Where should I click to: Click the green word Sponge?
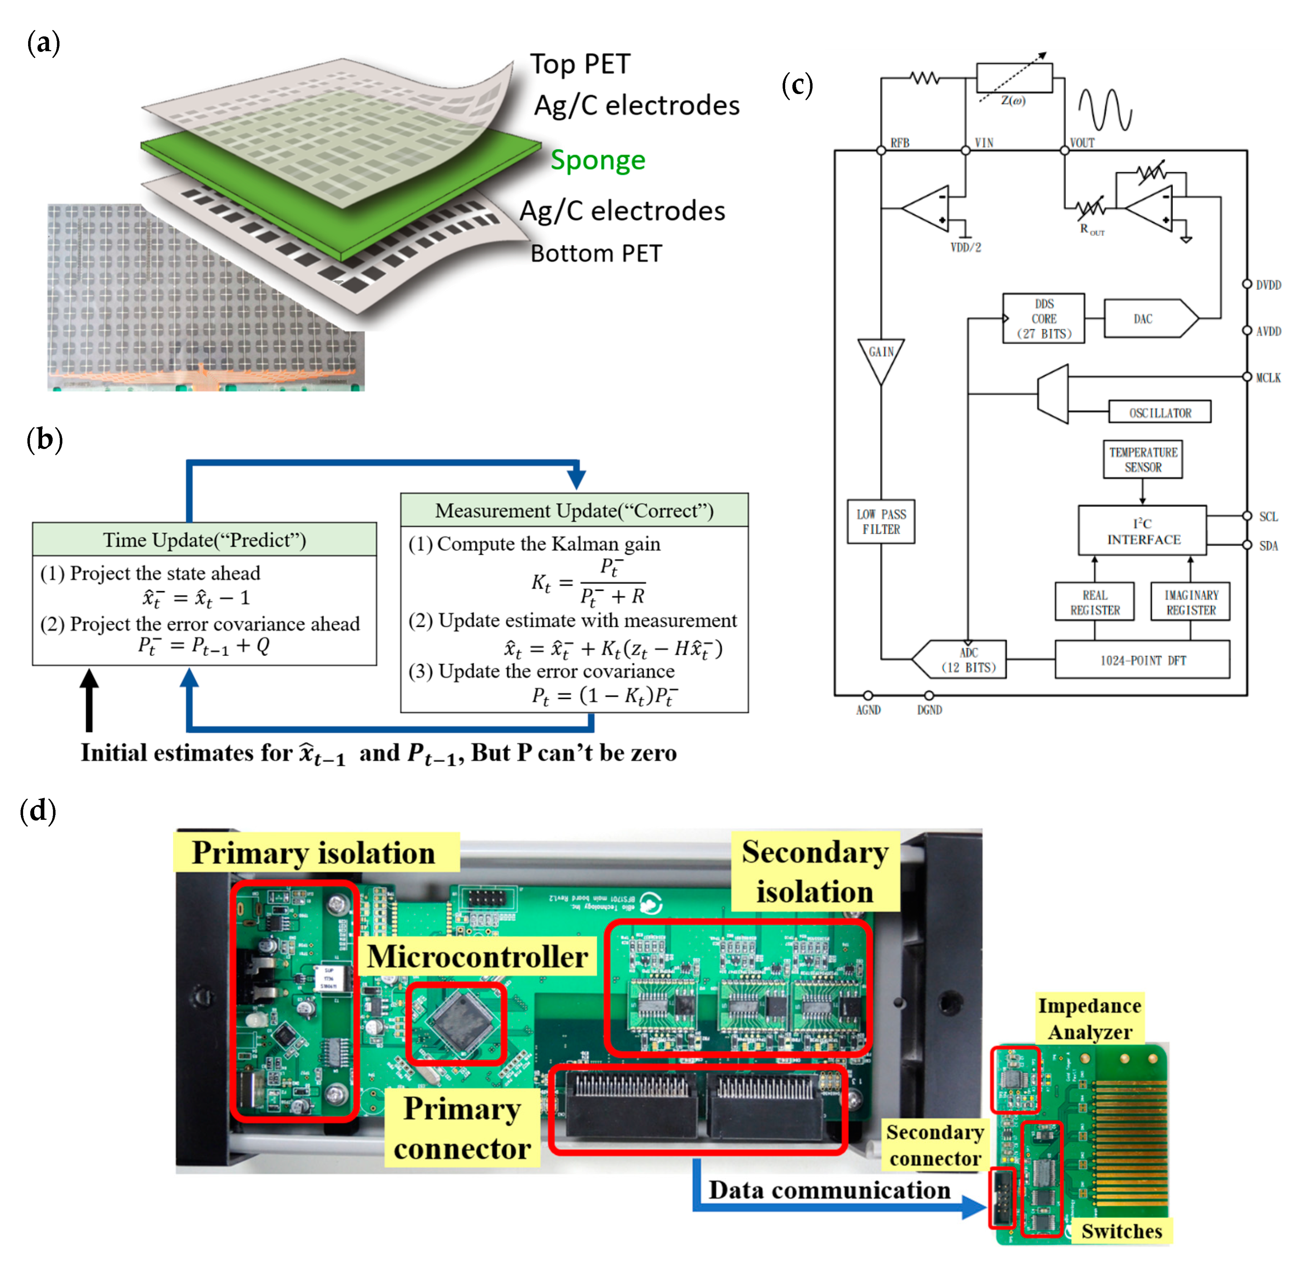[x=598, y=160]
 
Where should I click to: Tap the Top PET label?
[x=580, y=64]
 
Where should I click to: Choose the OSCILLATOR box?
[x=1160, y=412]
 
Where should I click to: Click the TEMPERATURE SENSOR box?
[x=1142, y=459]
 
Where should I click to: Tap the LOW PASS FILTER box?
[x=880, y=522]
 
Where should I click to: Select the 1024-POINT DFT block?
[x=1142, y=660]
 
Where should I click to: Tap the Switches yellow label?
[x=1121, y=1231]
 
